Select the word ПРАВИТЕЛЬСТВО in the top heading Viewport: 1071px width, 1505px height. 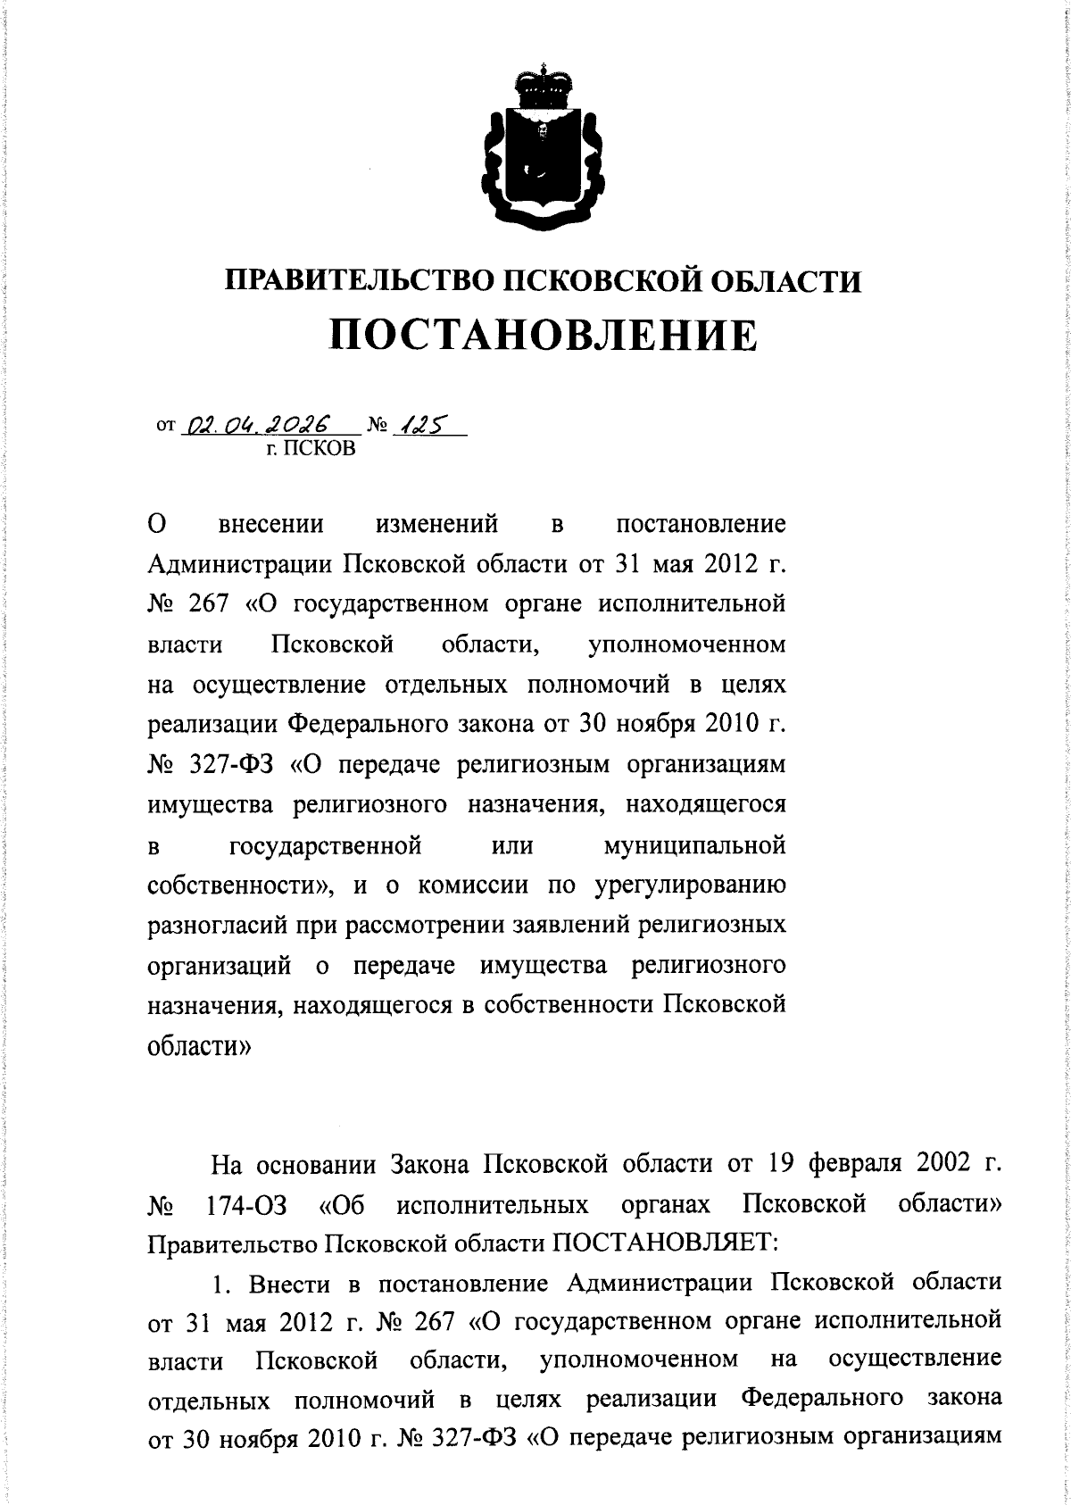(x=358, y=281)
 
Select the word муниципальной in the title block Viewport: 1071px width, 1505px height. (x=695, y=844)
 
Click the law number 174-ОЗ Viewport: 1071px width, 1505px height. (x=246, y=1207)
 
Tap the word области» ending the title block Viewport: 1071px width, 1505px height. (x=199, y=1045)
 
